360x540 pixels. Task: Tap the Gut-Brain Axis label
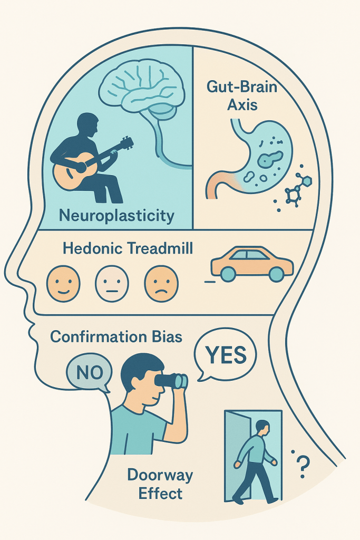coord(242,95)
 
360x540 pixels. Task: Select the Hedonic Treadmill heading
coord(128,248)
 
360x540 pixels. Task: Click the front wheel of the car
coord(277,273)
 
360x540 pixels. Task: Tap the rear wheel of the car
coord(228,273)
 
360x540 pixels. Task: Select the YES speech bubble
coord(225,356)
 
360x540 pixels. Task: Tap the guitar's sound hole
coord(79,168)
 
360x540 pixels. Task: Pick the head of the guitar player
coord(88,125)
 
